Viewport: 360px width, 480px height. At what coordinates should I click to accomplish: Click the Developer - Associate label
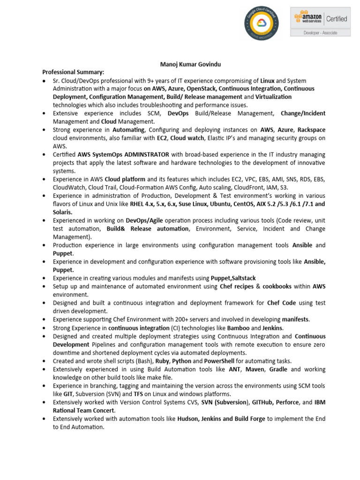click(x=320, y=33)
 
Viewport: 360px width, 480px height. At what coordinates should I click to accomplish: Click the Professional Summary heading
click(x=73, y=72)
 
